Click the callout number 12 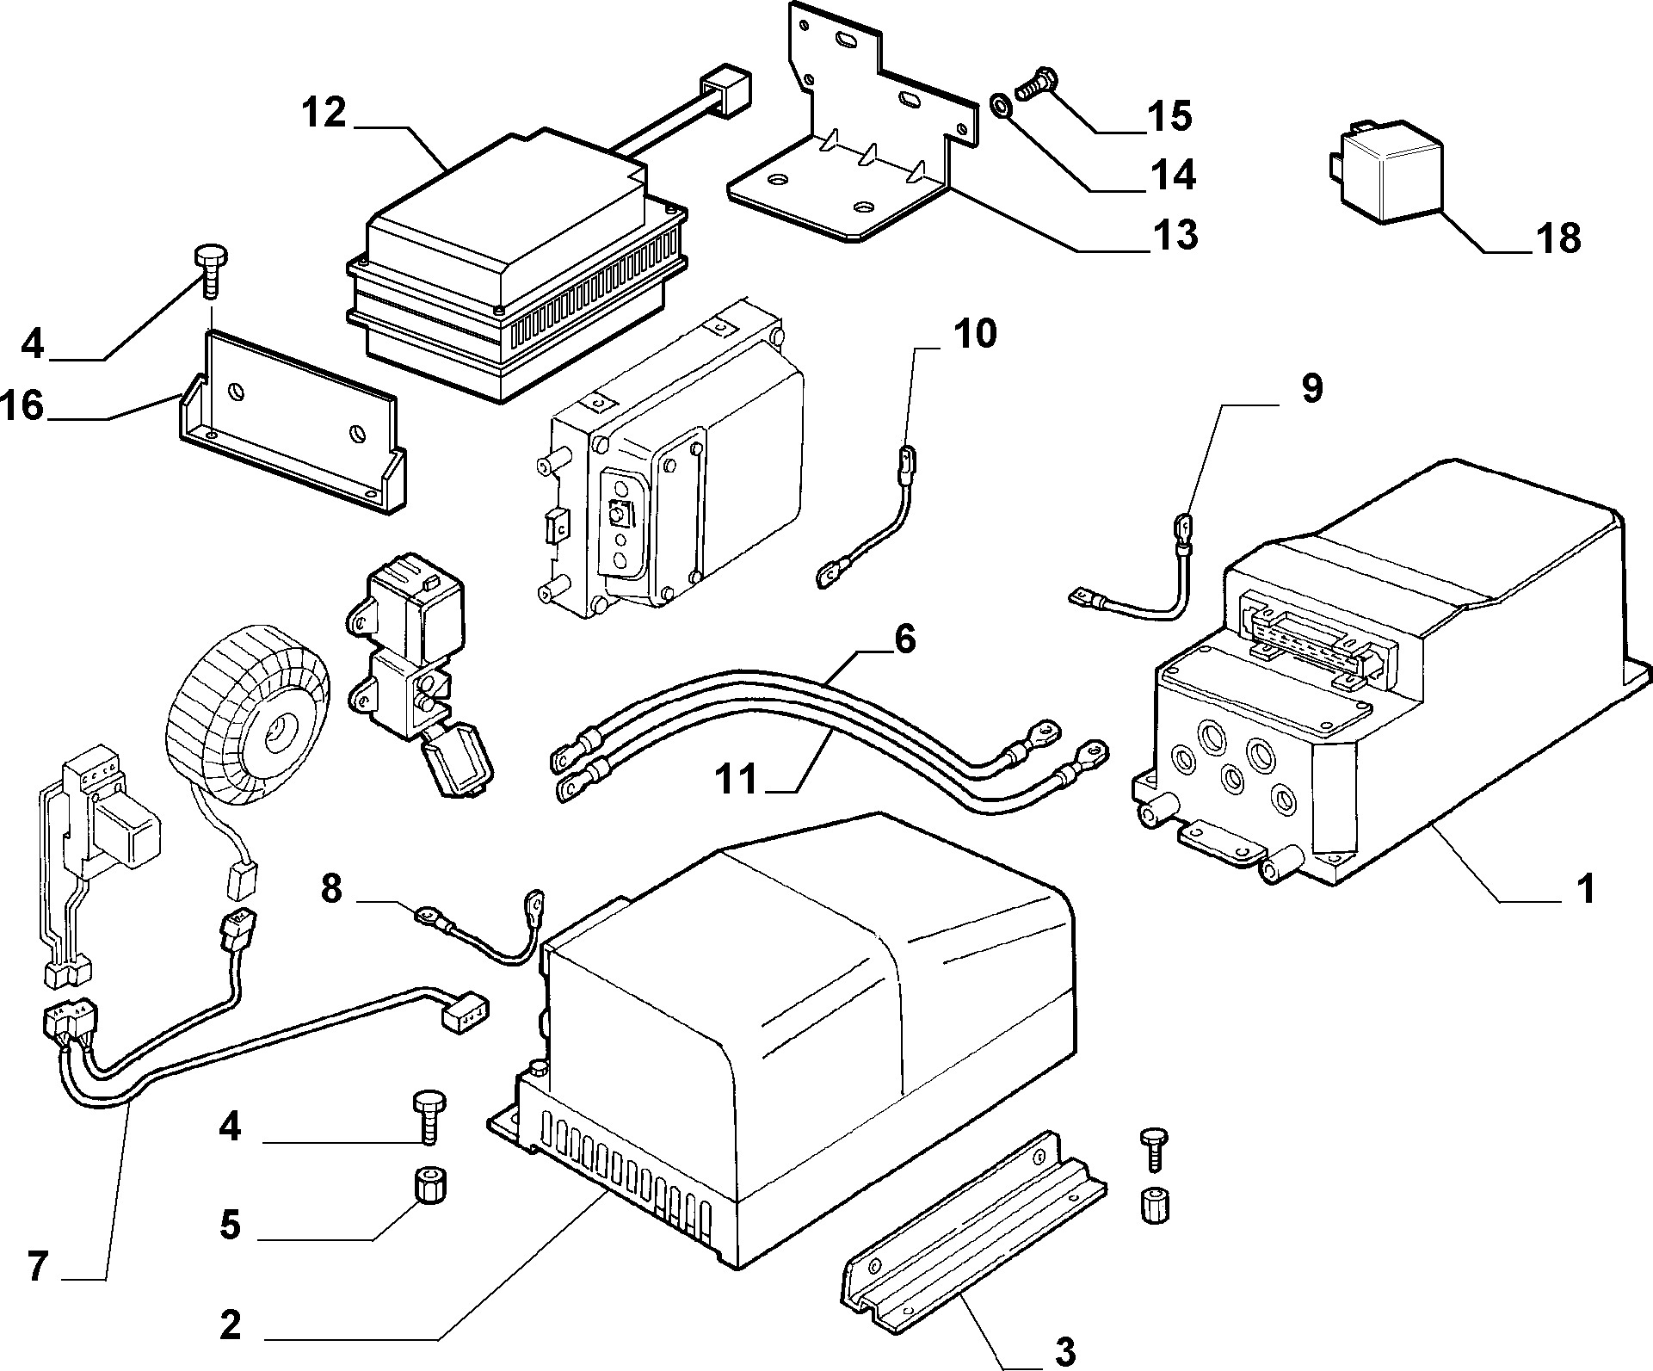[324, 113]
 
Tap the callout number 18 [1558, 238]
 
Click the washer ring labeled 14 [1001, 107]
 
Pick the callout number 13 [1176, 234]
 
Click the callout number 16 [23, 405]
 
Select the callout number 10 [974, 333]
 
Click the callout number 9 [1311, 389]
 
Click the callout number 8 [332, 889]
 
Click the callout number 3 [1065, 1351]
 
